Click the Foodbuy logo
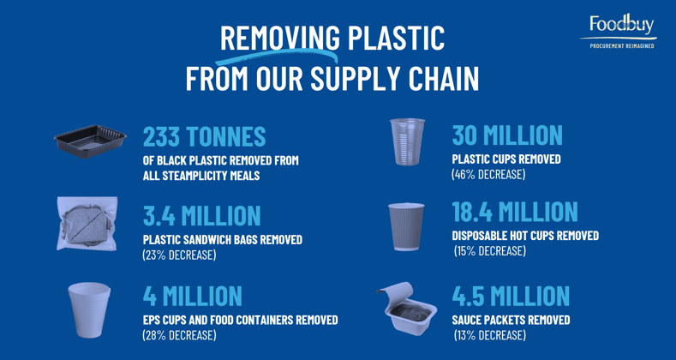[619, 31]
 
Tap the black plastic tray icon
[90, 141]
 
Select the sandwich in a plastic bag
[87, 224]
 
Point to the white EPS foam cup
[89, 309]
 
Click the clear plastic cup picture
[407, 141]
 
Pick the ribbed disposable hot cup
[406, 226]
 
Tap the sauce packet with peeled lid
[406, 309]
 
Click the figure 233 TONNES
[205, 136]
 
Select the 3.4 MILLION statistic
[201, 215]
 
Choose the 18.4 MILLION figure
[515, 212]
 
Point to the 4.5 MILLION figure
[511, 296]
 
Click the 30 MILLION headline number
[507, 135]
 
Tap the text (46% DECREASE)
[488, 175]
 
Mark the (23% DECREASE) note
[179, 255]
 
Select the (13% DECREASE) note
[490, 335]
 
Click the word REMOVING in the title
[280, 38]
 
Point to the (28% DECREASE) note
[179, 335]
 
